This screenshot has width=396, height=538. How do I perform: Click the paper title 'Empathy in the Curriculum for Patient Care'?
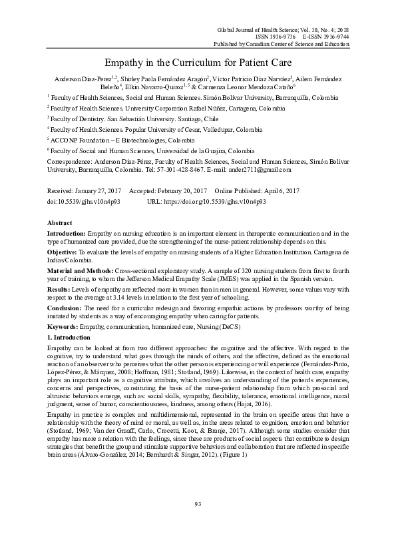pos(198,62)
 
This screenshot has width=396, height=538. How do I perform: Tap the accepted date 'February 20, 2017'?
pos(189,190)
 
